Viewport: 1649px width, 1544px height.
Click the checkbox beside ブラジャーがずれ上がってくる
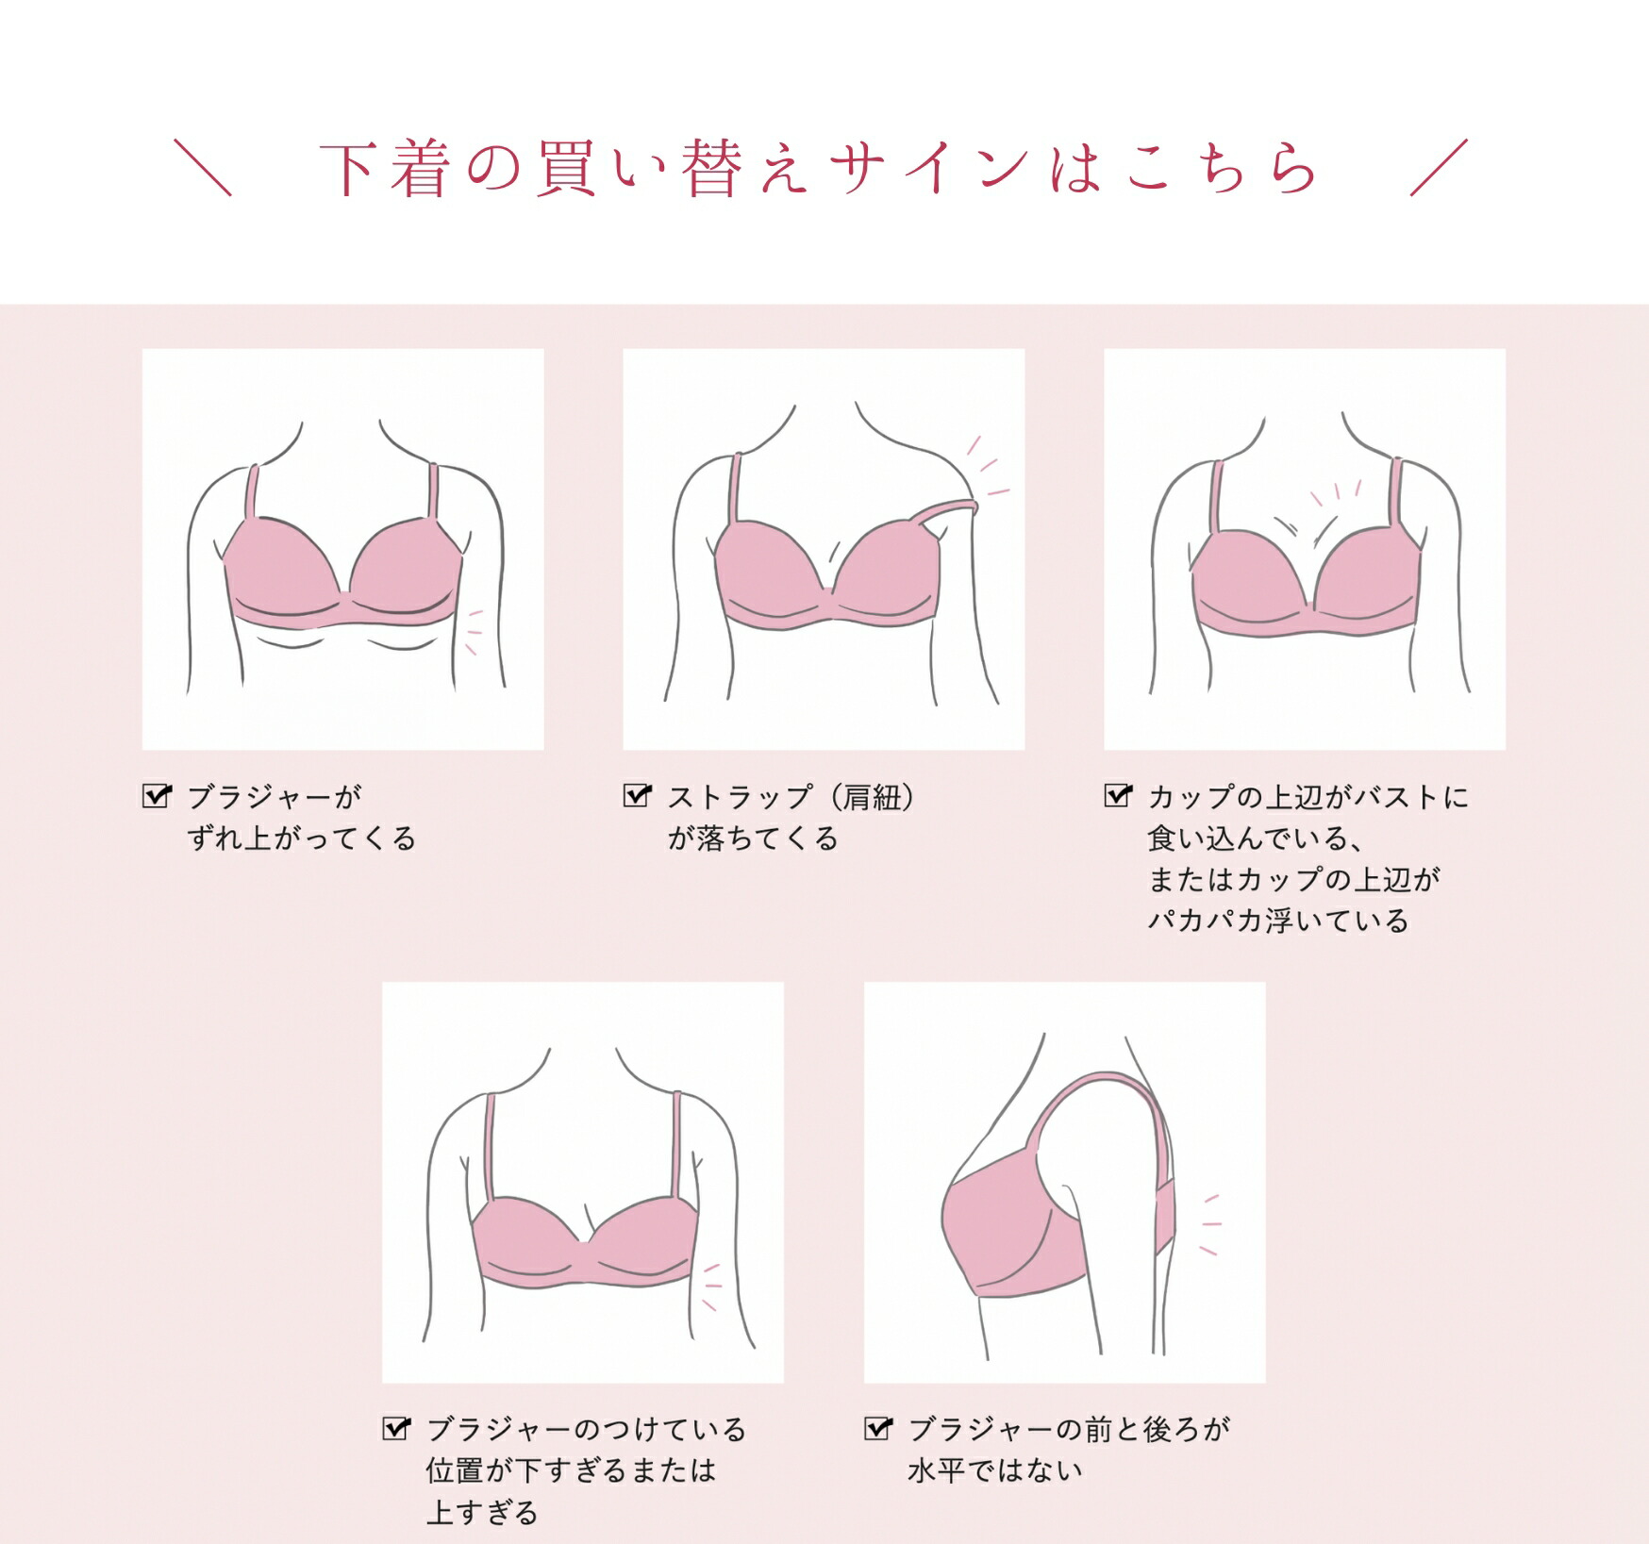tap(157, 796)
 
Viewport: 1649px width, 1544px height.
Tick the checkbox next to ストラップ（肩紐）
tap(638, 796)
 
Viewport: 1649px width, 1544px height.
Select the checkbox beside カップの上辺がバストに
tap(1118, 796)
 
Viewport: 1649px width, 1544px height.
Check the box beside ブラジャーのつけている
tap(397, 1429)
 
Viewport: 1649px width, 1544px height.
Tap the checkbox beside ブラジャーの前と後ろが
tap(878, 1429)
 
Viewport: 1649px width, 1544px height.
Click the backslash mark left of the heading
tap(203, 168)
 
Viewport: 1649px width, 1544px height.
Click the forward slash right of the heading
tap(1440, 168)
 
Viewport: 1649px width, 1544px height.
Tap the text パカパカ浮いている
tap(1278, 921)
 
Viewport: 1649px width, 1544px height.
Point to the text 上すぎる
tap(482, 1513)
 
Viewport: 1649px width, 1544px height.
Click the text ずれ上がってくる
tap(302, 838)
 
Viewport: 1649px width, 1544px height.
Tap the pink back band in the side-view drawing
tap(1166, 1217)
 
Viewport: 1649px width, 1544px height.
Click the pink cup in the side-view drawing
tap(1000, 1226)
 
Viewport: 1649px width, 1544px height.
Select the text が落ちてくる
tap(753, 838)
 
